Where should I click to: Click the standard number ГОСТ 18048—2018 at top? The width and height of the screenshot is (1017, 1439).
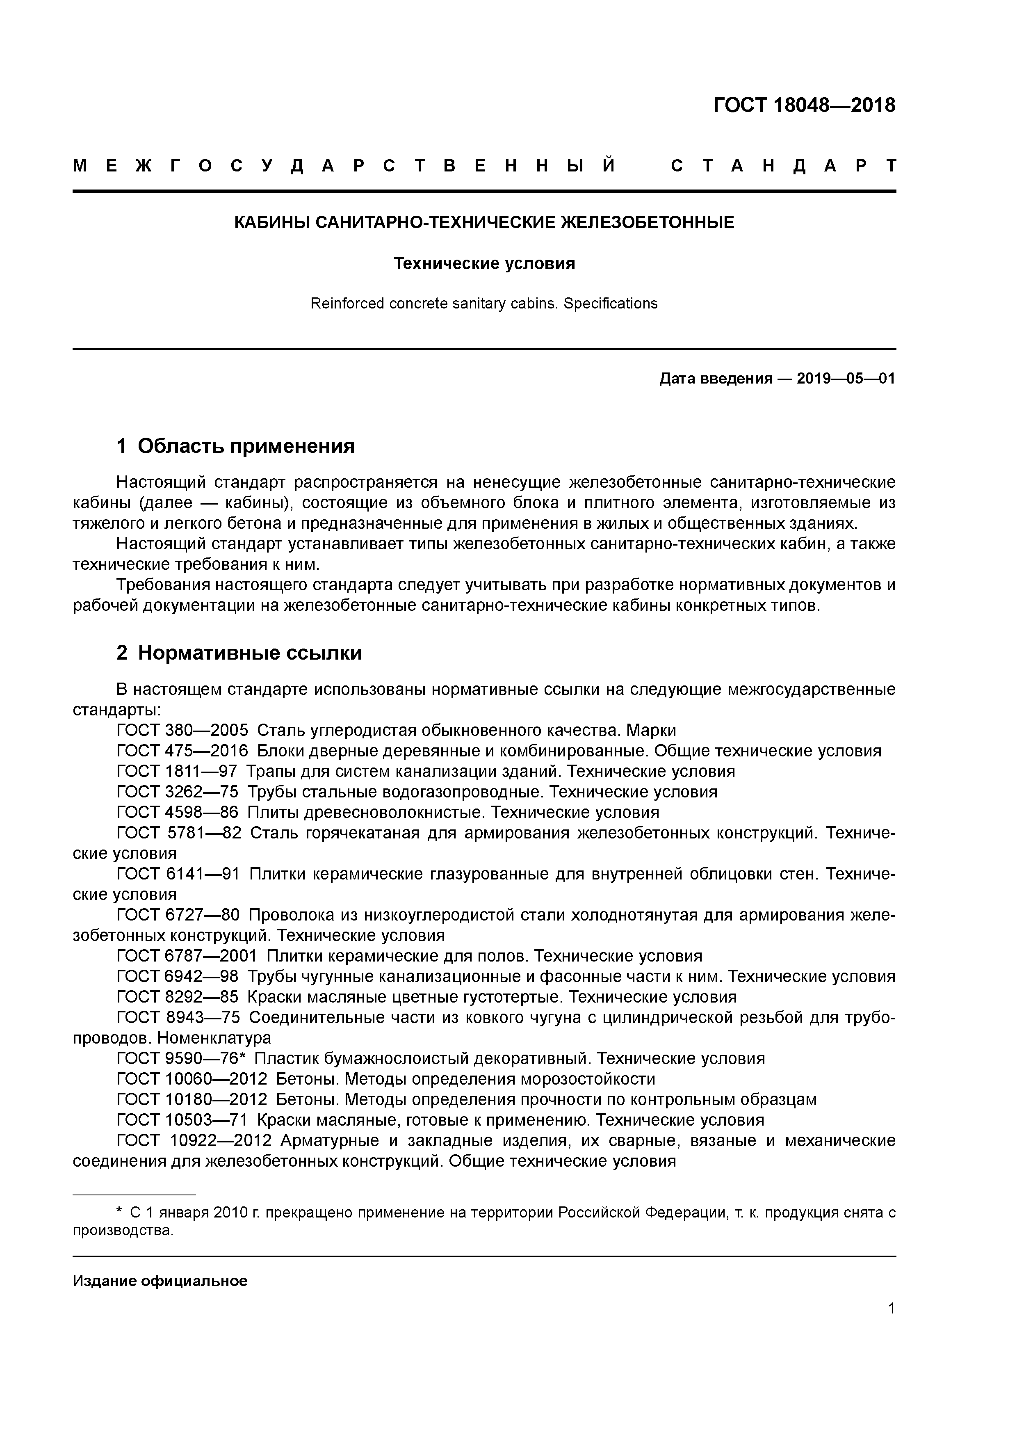pos(804,105)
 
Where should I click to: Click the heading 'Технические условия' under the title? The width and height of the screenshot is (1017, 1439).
pos(484,264)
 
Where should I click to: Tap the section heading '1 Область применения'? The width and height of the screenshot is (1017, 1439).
pos(236,446)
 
